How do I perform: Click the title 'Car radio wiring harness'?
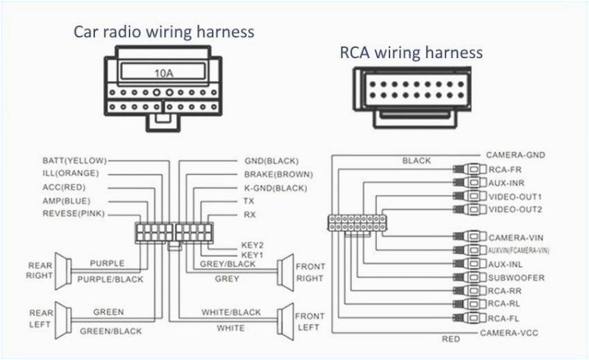click(163, 32)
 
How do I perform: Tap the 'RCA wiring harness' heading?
click(411, 52)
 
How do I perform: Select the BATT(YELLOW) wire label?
click(74, 160)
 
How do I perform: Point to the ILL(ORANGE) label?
click(71, 174)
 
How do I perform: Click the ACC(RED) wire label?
click(66, 187)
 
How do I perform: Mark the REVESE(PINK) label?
click(74, 213)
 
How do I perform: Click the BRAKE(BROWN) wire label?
click(278, 174)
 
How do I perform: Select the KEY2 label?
click(253, 244)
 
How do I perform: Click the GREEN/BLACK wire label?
click(111, 331)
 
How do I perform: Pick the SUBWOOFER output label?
click(516, 278)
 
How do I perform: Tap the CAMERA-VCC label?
click(510, 333)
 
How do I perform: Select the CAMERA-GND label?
click(515, 155)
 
